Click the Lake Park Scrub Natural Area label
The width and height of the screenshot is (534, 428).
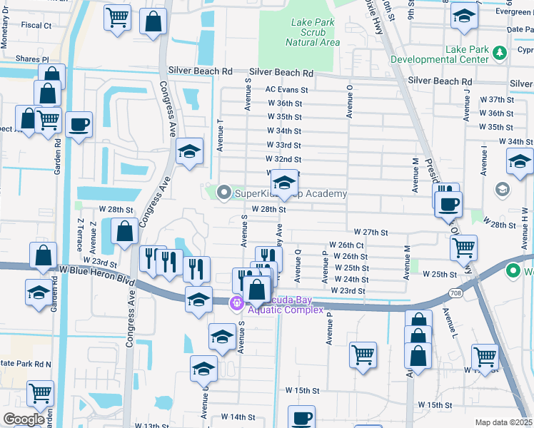(x=312, y=32)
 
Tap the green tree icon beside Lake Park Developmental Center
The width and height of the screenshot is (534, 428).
(x=500, y=52)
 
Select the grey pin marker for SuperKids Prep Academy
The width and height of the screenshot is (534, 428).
(x=224, y=193)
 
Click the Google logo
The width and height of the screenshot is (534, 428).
(x=24, y=419)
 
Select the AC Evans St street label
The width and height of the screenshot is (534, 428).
(x=286, y=90)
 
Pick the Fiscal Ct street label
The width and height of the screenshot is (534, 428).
(x=36, y=26)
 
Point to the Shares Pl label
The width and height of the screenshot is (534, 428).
(x=34, y=60)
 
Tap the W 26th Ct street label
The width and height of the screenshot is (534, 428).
(x=347, y=245)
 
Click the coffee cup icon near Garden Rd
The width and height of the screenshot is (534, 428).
(x=79, y=124)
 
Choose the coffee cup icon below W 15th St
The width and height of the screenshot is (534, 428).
(x=301, y=417)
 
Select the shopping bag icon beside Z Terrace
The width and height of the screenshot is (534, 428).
(x=124, y=231)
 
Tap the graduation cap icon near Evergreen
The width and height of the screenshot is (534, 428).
(x=464, y=16)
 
